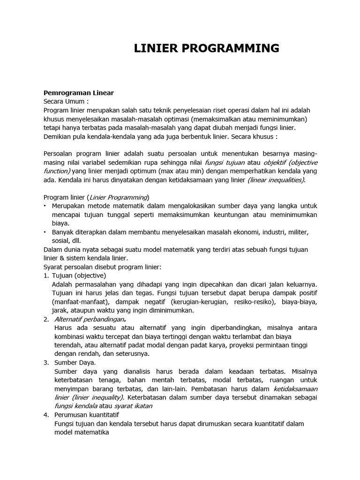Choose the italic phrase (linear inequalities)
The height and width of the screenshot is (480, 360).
click(276, 180)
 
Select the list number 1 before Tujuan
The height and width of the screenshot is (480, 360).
click(45, 276)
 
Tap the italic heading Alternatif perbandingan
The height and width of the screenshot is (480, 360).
click(88, 319)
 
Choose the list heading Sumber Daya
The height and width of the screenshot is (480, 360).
click(75, 362)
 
